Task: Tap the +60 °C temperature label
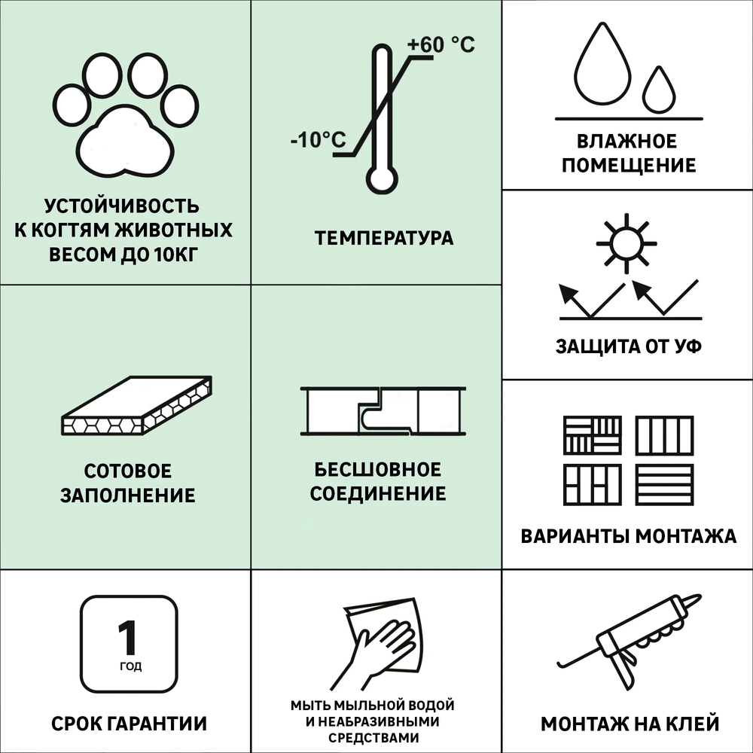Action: tap(441, 45)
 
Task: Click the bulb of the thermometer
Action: tap(381, 178)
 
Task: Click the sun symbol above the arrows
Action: tap(625, 243)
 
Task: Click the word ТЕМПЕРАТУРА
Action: tap(384, 239)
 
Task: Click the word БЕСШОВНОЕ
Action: tap(377, 470)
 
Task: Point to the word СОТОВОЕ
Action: tap(127, 471)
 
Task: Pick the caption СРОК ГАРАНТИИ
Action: tap(129, 724)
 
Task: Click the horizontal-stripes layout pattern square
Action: tap(663, 484)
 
